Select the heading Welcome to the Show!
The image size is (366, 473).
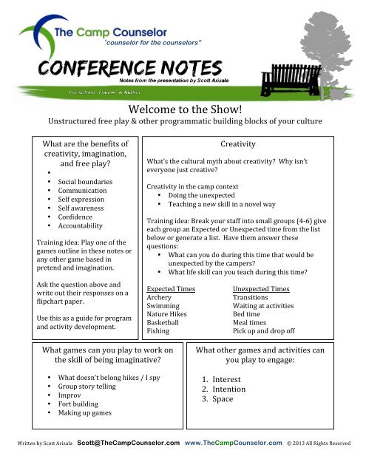(x=183, y=109)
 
